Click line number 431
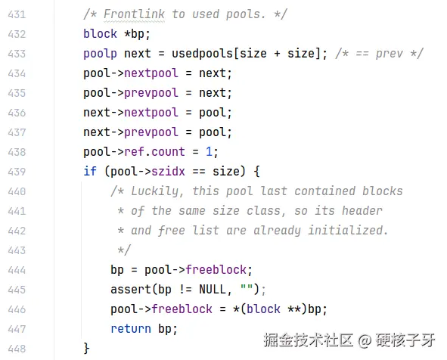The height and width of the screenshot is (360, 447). [x=17, y=14]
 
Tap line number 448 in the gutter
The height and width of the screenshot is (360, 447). [x=17, y=349]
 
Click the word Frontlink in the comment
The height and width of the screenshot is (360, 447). [x=134, y=14]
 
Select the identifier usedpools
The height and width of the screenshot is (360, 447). [x=202, y=54]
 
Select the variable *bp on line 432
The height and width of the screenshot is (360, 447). [x=134, y=34]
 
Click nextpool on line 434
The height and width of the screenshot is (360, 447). [x=151, y=73]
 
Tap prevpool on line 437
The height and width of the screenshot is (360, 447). [x=151, y=132]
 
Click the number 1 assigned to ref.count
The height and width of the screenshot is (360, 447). [x=209, y=152]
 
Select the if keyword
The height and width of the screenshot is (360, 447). [x=90, y=172]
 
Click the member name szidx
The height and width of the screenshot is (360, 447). [x=168, y=172]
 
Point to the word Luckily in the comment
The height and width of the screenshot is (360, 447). [x=157, y=191]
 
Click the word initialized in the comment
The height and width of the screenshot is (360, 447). [x=348, y=231]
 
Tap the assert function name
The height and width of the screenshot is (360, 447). [x=131, y=290]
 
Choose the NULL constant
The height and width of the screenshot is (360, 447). [x=213, y=290]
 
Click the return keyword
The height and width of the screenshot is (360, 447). [x=131, y=329]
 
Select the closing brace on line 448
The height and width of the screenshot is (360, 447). [x=86, y=349]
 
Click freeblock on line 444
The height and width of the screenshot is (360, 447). [x=216, y=270]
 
